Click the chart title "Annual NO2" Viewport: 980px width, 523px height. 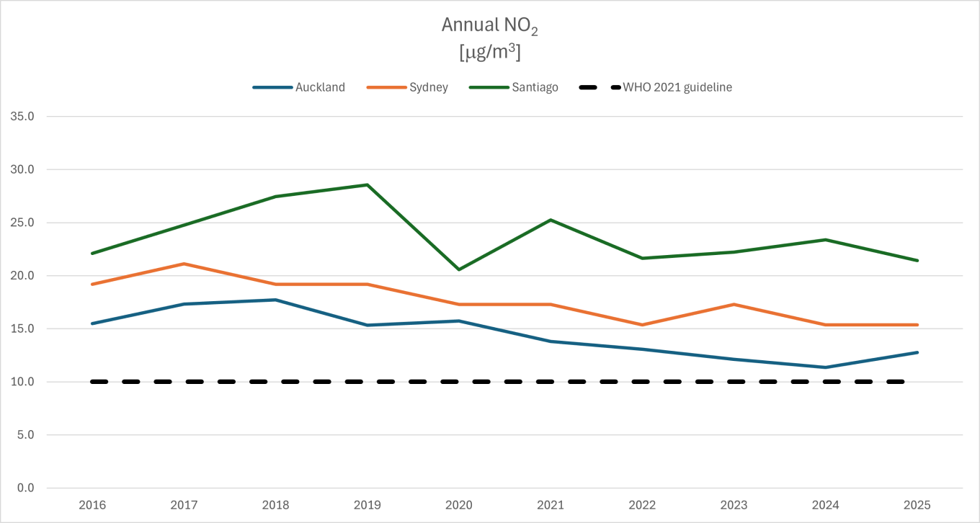pyautogui.click(x=490, y=26)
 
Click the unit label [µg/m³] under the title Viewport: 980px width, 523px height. pyautogui.click(x=490, y=53)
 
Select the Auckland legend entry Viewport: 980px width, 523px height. pyautogui.click(x=320, y=87)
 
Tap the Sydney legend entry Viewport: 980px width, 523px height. pyautogui.click(x=427, y=87)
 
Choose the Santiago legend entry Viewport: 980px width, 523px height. pyautogui.click(x=535, y=87)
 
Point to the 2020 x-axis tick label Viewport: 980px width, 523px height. pyautogui.click(x=458, y=505)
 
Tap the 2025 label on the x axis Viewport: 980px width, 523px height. pyautogui.click(x=917, y=505)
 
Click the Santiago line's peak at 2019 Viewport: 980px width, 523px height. pyautogui.click(x=367, y=185)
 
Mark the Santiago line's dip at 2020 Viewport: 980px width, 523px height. pyautogui.click(x=458, y=269)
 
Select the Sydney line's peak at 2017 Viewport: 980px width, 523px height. pyautogui.click(x=184, y=264)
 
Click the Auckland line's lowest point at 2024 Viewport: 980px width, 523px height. pyautogui.click(x=825, y=367)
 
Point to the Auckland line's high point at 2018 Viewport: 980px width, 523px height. pyautogui.click(x=275, y=300)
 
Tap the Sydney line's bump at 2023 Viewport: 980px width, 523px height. pyautogui.click(x=734, y=304)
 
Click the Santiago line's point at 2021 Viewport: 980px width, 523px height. pyautogui.click(x=551, y=220)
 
